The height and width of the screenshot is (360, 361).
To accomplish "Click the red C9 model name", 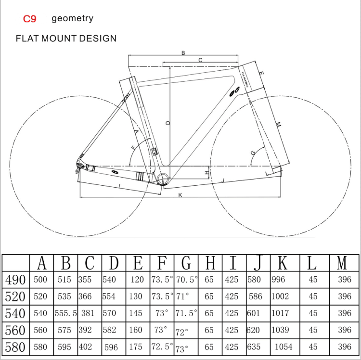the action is (x=29, y=19).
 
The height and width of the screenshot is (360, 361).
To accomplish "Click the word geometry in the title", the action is (x=72, y=19).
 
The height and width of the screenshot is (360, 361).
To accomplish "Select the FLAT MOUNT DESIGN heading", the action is (x=66, y=39).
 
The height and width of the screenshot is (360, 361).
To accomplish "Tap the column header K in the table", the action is (x=283, y=263).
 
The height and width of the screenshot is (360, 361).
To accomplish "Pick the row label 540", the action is (x=15, y=313).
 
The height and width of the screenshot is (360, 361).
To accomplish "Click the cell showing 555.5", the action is (x=65, y=313).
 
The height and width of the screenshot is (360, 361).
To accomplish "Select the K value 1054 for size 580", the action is (x=283, y=347).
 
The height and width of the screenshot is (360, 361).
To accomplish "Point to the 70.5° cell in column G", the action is (x=186, y=280).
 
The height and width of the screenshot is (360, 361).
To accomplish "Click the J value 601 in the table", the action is (x=253, y=313).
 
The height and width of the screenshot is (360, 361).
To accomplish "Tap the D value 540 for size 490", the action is (x=109, y=280).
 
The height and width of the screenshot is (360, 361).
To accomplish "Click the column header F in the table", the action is (x=162, y=263).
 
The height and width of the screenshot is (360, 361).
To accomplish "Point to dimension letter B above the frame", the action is (x=183, y=53).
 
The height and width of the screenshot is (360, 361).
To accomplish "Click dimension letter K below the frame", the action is (x=180, y=195).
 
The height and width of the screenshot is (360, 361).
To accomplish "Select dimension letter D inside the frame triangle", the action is (x=168, y=122).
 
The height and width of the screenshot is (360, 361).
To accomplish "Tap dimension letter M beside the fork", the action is (x=278, y=124).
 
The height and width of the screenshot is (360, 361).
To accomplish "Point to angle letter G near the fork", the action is (x=253, y=153).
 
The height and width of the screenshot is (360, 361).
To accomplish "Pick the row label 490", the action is (x=15, y=280).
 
